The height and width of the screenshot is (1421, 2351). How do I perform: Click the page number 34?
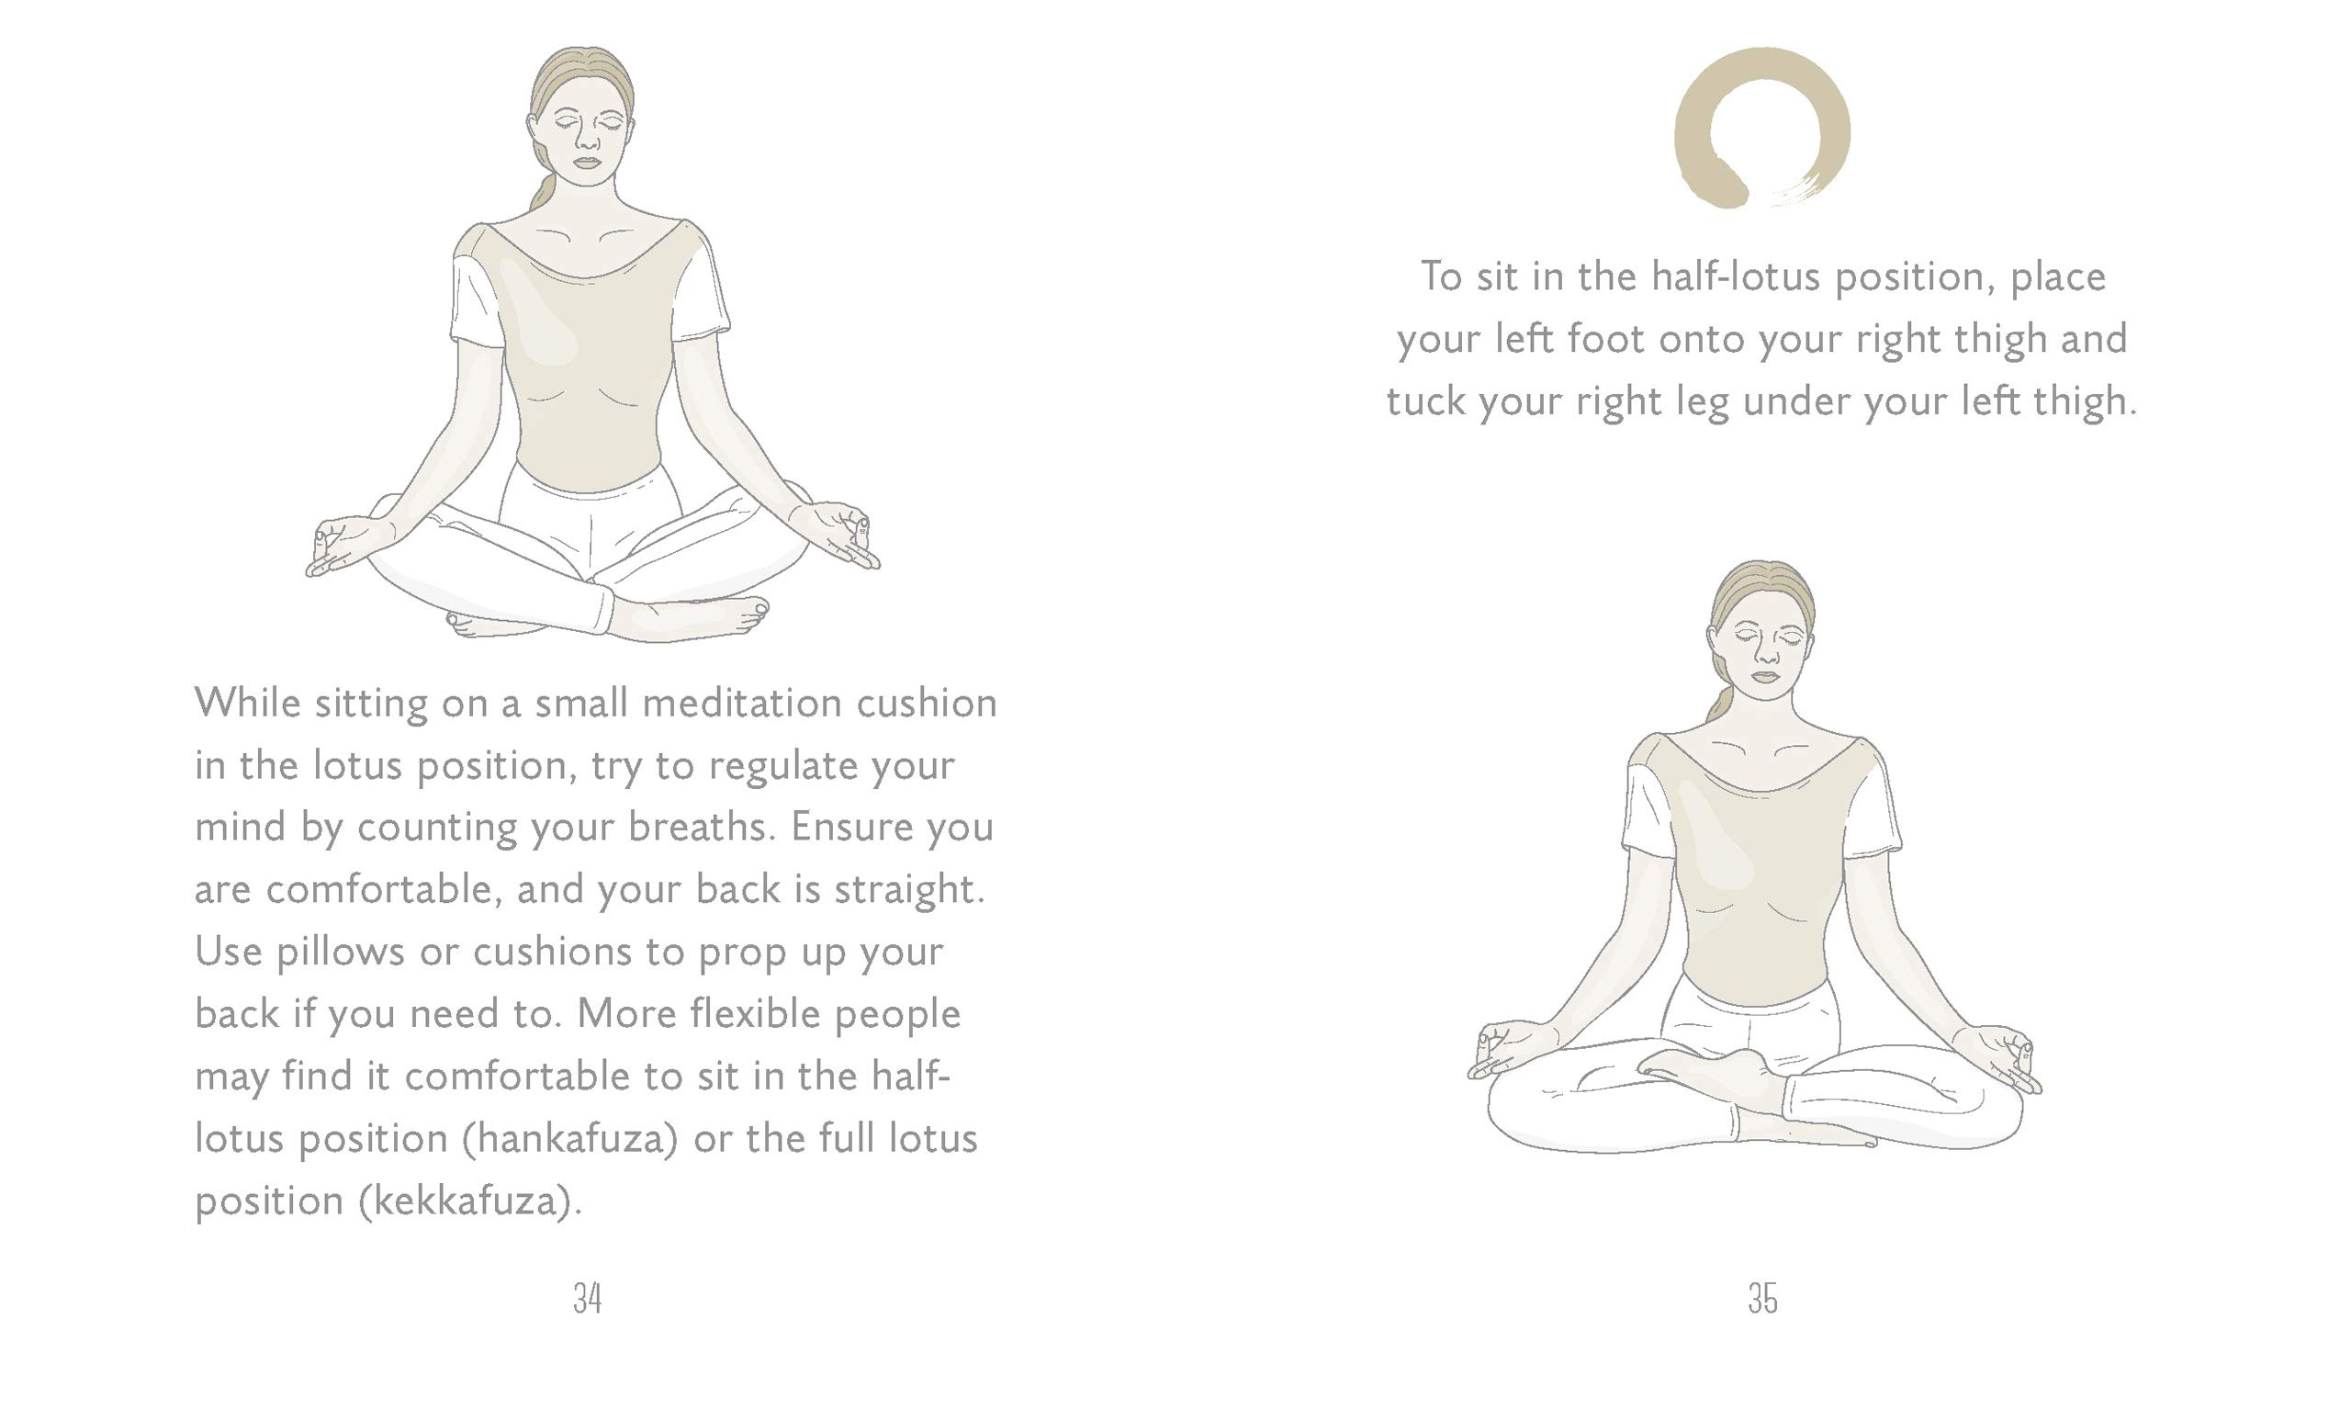click(587, 1298)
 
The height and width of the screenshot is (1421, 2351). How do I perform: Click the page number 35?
click(1762, 1298)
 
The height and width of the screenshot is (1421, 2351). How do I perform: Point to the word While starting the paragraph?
click(248, 703)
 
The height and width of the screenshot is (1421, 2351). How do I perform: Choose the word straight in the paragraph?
click(904, 888)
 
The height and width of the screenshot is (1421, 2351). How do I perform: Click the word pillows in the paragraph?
click(341, 952)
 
